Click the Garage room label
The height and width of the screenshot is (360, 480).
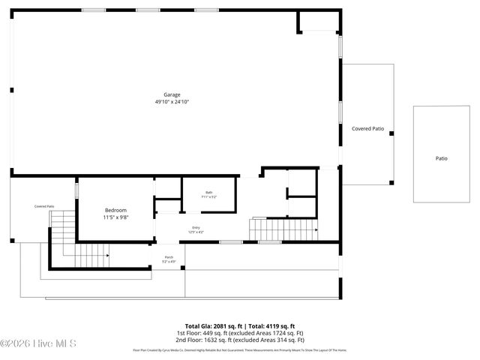[x=172, y=95]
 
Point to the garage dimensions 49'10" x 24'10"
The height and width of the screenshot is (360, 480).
[x=172, y=101]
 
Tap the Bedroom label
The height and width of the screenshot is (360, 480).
[x=115, y=210]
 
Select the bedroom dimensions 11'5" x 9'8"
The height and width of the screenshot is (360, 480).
[x=115, y=217]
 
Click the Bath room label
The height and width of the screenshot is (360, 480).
[x=209, y=193]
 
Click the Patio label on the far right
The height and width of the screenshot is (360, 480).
[x=441, y=158]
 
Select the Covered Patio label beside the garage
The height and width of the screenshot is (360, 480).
[x=367, y=129]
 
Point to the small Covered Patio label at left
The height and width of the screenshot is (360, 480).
[x=44, y=205]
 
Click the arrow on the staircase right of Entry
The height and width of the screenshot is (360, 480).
[x=316, y=230]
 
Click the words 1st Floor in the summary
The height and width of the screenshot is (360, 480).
[x=187, y=332]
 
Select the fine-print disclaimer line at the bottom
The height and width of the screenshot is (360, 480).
[x=239, y=349]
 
